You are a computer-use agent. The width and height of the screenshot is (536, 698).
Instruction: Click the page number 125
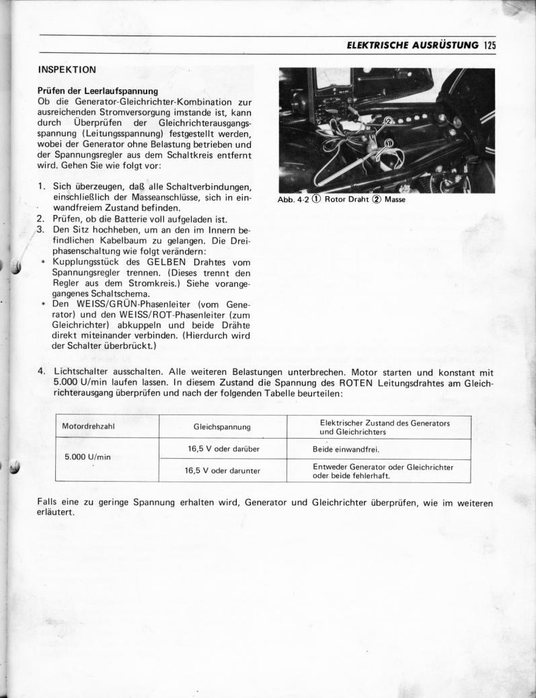488,46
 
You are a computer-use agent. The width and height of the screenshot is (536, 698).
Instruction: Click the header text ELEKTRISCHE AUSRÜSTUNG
412,46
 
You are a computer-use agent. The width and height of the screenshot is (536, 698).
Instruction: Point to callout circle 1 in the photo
389,142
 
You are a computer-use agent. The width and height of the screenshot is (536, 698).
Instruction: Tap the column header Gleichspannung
222,427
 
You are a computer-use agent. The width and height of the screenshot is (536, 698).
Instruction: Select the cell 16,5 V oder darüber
223,448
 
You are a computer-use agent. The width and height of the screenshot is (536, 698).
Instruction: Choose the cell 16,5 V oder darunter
223,470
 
